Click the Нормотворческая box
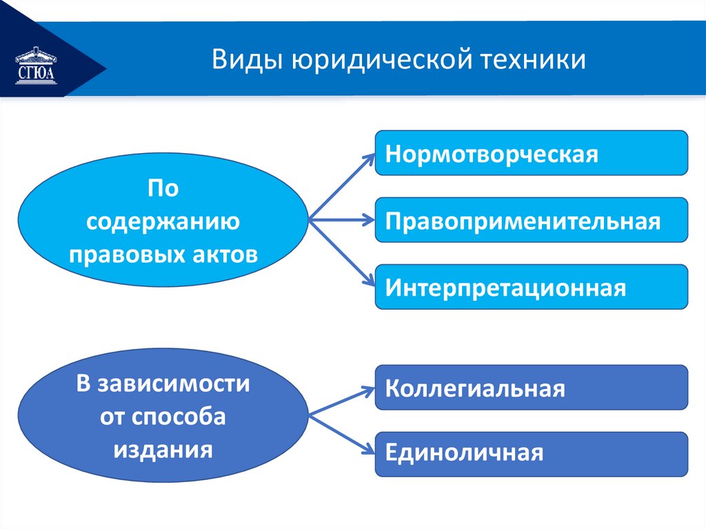[x=531, y=152]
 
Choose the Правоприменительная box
[x=531, y=220]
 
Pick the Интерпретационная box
[x=531, y=286]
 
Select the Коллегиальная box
[x=531, y=388]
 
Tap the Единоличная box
[x=531, y=453]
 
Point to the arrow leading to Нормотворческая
[x=341, y=186]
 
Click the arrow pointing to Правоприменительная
[x=341, y=221]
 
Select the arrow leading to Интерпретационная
[x=341, y=254]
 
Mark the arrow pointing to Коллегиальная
[x=341, y=402]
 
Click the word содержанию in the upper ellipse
[x=163, y=222]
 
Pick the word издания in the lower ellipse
[x=163, y=450]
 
